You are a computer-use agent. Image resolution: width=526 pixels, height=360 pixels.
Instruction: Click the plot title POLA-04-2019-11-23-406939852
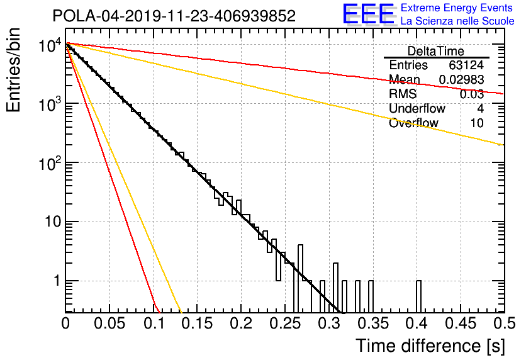[x=174, y=16]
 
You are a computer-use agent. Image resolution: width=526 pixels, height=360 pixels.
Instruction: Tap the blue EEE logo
[x=369, y=14]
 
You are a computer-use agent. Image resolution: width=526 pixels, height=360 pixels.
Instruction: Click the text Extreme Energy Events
[x=457, y=8]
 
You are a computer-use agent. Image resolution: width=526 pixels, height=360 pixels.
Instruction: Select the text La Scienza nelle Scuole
[x=457, y=21]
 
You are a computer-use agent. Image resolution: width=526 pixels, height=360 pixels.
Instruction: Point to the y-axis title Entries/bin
[x=13, y=70]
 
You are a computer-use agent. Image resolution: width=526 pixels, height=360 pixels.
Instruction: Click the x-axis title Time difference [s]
[x=430, y=346]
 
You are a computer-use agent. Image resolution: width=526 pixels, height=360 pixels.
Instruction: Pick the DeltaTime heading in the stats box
[x=435, y=51]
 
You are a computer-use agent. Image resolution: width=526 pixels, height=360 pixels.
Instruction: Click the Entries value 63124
[x=466, y=65]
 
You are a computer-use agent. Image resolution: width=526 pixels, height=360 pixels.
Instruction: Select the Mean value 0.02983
[x=461, y=79]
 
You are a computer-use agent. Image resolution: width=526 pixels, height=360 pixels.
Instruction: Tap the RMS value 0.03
[x=472, y=94]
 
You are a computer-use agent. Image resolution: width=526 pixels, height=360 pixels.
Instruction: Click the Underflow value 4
[x=480, y=108]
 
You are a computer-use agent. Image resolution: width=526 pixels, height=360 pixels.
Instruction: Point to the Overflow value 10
[x=477, y=123]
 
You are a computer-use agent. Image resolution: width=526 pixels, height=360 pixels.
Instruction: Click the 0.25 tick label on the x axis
[x=284, y=323]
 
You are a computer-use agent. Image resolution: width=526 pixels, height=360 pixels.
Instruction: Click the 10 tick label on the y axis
[x=53, y=222]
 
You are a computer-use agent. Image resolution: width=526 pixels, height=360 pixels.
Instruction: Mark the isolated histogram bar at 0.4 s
[x=418, y=296]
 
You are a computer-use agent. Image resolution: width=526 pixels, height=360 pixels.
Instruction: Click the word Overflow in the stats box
[x=413, y=123]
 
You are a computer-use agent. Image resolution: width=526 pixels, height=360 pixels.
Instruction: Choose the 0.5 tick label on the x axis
[x=504, y=323]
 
